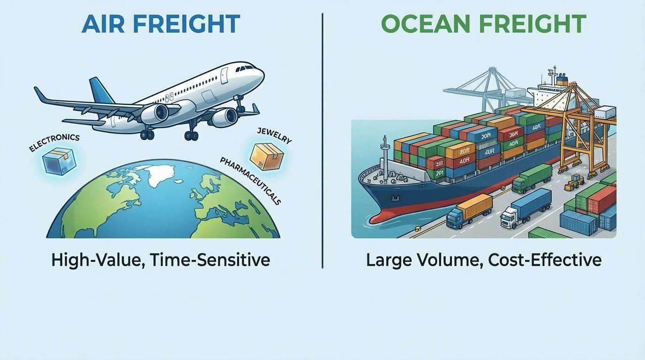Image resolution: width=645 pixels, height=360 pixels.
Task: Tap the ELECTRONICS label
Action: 54,143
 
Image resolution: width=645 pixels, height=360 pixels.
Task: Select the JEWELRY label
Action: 274,135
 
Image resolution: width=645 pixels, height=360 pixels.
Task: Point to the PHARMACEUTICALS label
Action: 250,181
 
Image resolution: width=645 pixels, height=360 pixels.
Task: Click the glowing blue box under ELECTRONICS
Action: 59,161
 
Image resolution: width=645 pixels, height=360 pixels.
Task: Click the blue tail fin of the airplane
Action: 101,91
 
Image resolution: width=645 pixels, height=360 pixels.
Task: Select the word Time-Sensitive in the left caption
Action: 210,260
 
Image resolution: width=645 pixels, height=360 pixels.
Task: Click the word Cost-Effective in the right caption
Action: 545,260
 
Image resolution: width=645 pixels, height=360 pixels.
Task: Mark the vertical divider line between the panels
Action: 322,141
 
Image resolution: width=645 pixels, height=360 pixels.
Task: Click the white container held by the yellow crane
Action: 605,112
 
